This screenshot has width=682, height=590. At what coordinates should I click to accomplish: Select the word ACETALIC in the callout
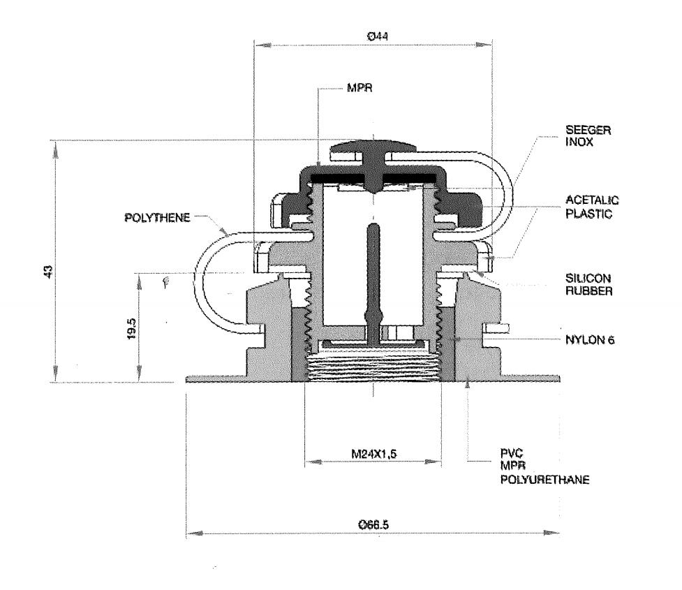click(587, 201)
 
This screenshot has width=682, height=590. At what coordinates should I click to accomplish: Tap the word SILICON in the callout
click(583, 278)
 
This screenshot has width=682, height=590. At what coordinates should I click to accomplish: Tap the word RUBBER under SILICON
click(585, 290)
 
